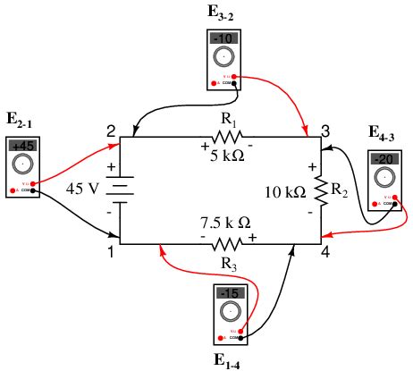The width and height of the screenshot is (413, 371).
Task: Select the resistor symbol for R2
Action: (x=319, y=190)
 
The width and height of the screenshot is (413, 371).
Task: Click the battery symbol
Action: (x=120, y=190)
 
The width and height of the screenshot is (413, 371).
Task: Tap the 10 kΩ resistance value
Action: (x=285, y=191)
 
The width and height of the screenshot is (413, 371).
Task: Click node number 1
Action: (x=110, y=253)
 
